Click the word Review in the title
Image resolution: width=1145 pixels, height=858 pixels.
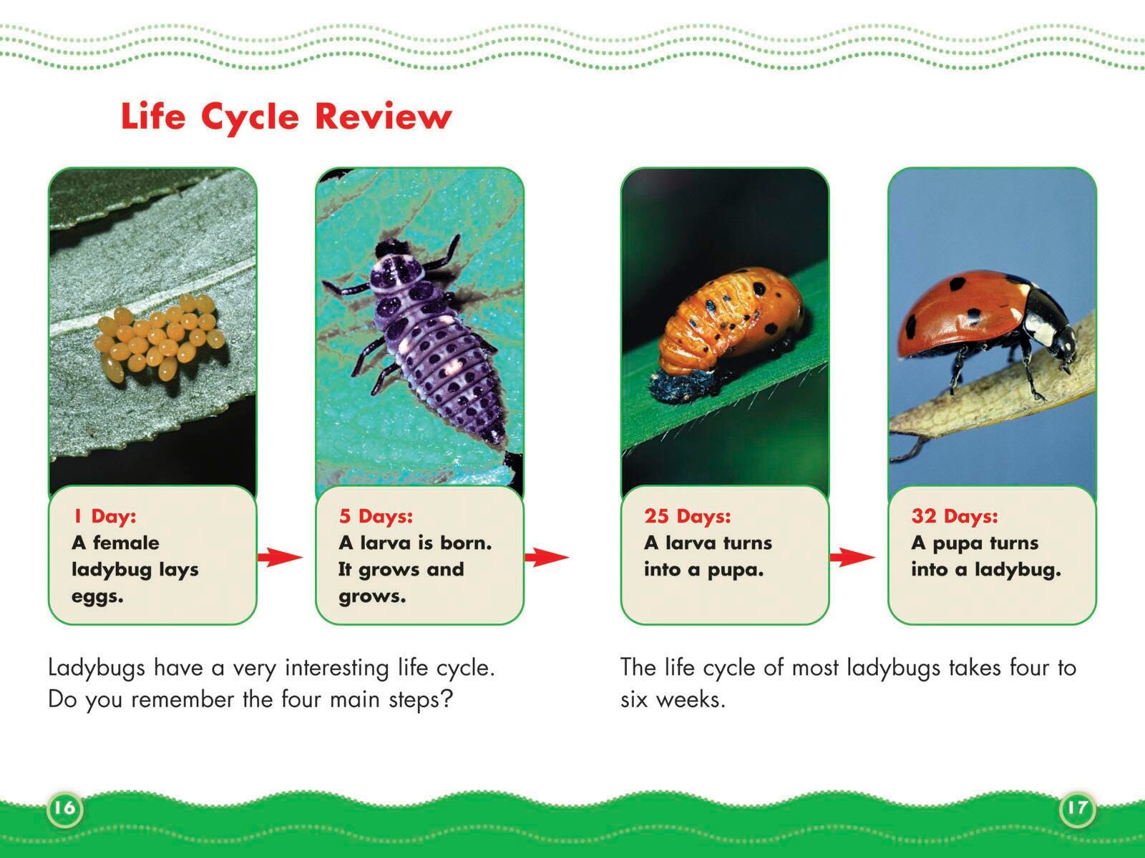tap(384, 116)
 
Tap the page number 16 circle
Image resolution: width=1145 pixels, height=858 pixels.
tap(64, 808)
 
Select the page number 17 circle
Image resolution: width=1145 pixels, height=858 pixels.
tap(1077, 808)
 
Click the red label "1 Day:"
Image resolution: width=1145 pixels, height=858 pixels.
tap(105, 516)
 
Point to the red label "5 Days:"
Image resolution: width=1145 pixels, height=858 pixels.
tap(376, 516)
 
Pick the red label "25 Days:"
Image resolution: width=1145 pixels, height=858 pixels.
tap(688, 516)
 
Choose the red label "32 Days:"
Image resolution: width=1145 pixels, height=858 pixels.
tap(955, 516)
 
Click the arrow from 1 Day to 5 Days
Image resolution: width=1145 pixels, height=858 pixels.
tap(280, 557)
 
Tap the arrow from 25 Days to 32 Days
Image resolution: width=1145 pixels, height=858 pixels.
tap(852, 557)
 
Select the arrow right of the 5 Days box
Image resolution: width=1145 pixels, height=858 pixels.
tap(547, 557)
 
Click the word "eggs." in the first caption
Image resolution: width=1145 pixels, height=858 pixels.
tap(97, 597)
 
